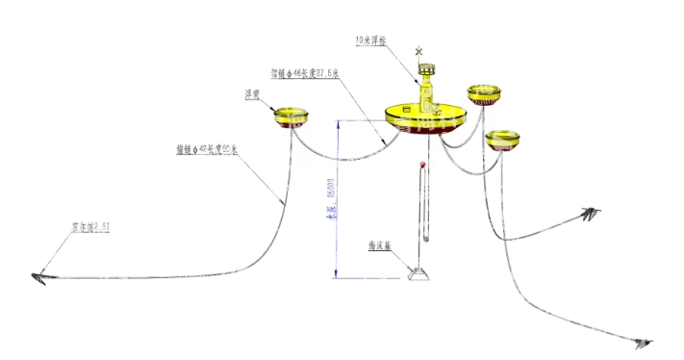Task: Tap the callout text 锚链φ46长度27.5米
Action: [304, 72]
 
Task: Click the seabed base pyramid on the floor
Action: [419, 274]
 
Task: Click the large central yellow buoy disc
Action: [425, 117]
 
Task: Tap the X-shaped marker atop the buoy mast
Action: [418, 50]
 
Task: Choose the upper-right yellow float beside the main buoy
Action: [484, 92]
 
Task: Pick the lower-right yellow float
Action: [501, 140]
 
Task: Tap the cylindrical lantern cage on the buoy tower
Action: [426, 72]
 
